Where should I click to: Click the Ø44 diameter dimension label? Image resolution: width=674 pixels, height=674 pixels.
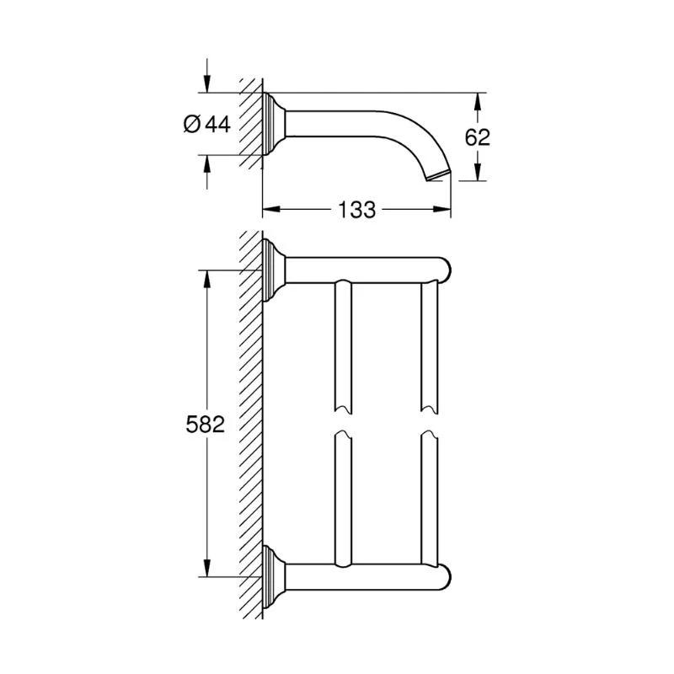point(206,124)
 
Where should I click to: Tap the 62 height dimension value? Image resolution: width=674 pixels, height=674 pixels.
point(478,137)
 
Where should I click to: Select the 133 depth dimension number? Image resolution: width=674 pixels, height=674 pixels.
point(357,210)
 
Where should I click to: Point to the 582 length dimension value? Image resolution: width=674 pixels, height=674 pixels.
point(205,425)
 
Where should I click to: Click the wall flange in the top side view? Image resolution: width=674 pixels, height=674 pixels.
point(274,124)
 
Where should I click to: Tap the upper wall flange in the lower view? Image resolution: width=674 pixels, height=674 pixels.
point(274,270)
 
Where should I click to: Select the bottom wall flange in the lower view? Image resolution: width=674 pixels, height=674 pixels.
point(274,577)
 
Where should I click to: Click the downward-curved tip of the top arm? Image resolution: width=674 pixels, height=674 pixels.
point(440,174)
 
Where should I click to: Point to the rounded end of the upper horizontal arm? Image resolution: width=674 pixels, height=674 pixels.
point(447,270)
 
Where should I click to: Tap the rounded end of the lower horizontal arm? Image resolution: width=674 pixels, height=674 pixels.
point(447,577)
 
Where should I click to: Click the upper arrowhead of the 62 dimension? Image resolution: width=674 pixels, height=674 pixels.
point(478,100)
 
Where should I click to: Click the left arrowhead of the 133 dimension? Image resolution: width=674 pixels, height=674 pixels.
point(270,210)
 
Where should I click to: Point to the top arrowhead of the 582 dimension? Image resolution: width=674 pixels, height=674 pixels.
point(205,279)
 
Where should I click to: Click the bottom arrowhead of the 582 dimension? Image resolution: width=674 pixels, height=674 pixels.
point(205,569)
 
